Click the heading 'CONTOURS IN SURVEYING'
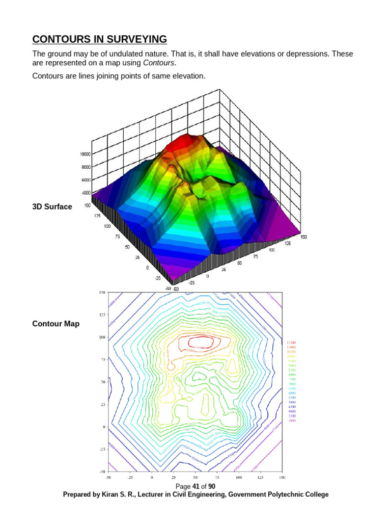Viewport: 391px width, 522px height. tap(99, 39)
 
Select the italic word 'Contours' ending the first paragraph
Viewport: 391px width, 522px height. tap(159, 63)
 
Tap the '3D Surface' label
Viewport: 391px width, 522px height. tap(52, 206)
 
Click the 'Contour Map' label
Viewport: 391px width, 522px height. tap(56, 324)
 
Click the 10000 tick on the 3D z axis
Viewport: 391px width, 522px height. tap(85, 153)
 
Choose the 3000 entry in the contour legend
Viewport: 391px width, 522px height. tap(291, 421)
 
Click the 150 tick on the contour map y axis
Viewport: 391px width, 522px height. tap(102, 293)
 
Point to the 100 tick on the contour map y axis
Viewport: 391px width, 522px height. tap(102, 337)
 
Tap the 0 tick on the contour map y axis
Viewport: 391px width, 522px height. tap(103, 426)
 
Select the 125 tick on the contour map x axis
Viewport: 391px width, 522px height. tap(260, 478)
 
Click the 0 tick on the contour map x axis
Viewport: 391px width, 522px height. tap(152, 478)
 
